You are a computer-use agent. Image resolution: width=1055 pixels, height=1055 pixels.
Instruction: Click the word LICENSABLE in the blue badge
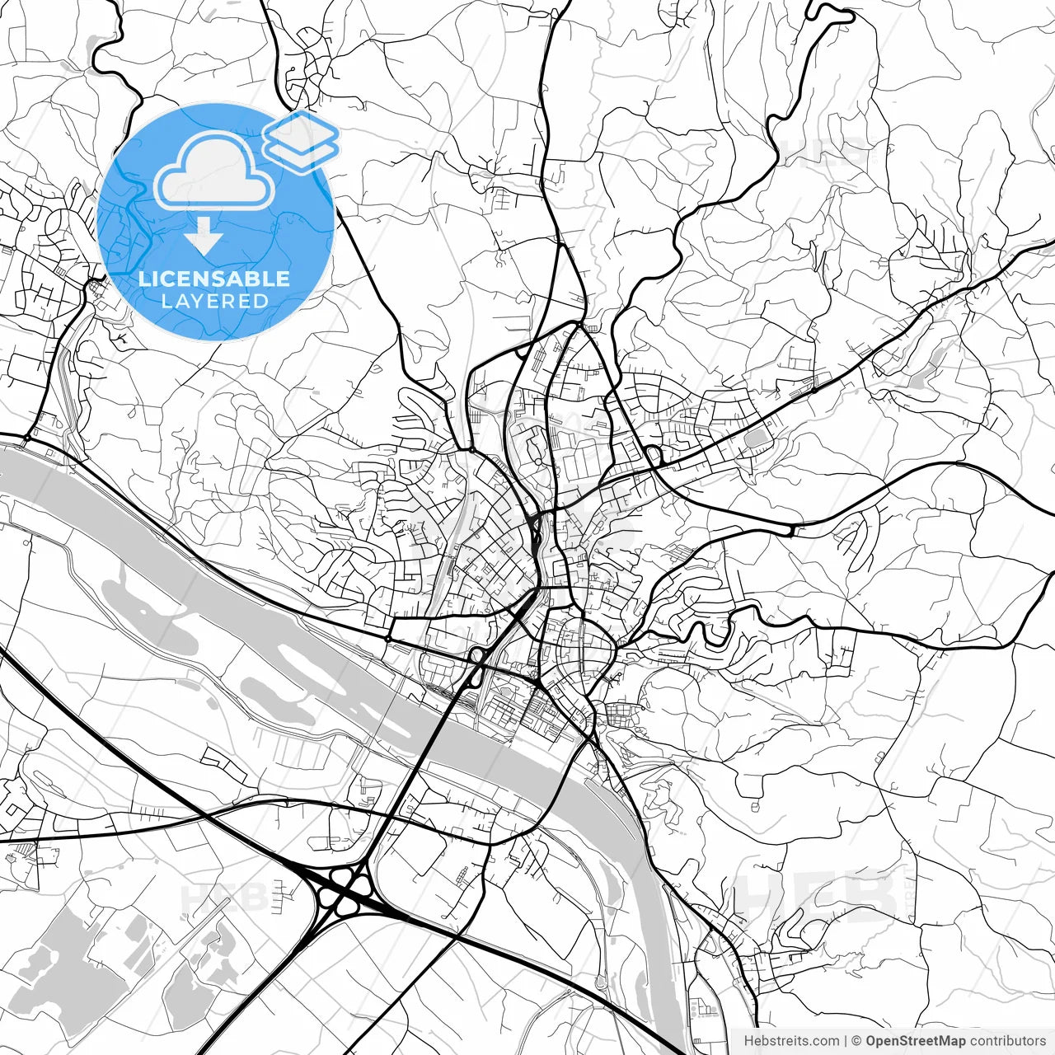(214, 279)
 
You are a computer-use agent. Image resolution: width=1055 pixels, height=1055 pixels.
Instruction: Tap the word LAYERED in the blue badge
(214, 301)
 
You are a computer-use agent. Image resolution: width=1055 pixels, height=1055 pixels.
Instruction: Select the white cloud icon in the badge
(214, 171)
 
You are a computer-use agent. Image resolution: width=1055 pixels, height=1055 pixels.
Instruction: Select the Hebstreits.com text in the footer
(791, 1041)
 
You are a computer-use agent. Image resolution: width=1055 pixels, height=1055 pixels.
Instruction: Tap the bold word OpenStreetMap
(915, 1041)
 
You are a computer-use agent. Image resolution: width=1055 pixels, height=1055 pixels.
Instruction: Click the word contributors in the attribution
(1007, 1041)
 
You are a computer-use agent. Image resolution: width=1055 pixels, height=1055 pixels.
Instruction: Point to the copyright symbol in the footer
(857, 1041)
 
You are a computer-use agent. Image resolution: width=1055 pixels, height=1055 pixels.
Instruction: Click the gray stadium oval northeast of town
(755, 438)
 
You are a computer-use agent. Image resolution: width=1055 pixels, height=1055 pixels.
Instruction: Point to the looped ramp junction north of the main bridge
(476, 657)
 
